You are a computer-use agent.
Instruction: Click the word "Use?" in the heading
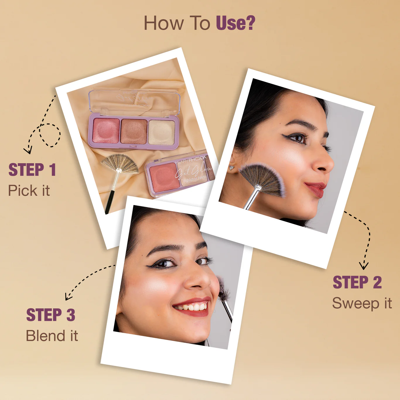(235, 23)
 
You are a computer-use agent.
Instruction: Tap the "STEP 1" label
(32, 170)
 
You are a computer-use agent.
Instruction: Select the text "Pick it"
(29, 191)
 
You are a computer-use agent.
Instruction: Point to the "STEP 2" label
(357, 283)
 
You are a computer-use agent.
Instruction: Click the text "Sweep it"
(362, 303)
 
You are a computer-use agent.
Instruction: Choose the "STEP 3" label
(51, 315)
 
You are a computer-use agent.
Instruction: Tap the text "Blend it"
(52, 336)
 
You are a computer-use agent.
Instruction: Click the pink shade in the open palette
(106, 131)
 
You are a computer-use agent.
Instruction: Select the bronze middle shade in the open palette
(134, 131)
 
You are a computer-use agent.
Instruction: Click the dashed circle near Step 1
(50, 135)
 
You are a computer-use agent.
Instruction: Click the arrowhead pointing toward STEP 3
(68, 297)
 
